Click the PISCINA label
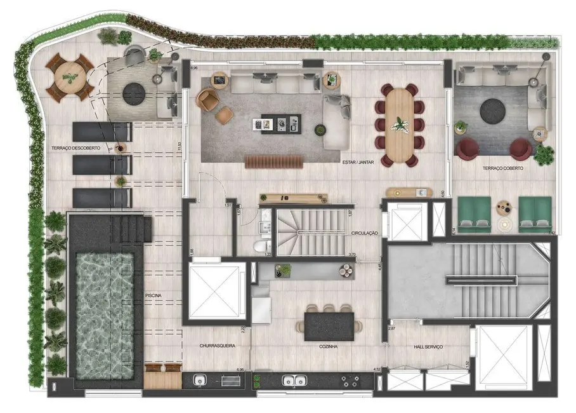tap(153, 295)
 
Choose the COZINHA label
tap(328, 347)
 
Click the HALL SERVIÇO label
tap(428, 347)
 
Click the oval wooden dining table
tap(400, 125)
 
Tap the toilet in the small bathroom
tap(260, 245)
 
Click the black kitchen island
tap(328, 325)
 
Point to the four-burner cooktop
tap(350, 381)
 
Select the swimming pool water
tap(105, 315)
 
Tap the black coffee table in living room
tap(280, 121)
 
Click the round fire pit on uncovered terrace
tap(133, 94)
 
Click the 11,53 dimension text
tap(180, 146)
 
